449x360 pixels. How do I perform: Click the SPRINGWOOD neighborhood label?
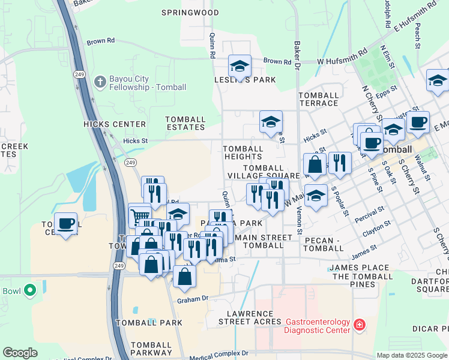pyautogui.click(x=190, y=12)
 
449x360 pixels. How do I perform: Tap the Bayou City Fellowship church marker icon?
pyautogui.click(x=100, y=80)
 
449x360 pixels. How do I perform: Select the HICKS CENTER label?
pyautogui.click(x=115, y=124)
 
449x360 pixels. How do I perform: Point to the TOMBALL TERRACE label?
pyautogui.click(x=319, y=100)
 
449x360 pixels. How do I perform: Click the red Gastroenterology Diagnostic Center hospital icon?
pyautogui.click(x=359, y=325)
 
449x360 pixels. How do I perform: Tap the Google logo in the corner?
pyautogui.click(x=20, y=353)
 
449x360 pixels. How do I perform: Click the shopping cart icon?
pyautogui.click(x=139, y=214)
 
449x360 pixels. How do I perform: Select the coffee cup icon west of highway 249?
pyautogui.click(x=66, y=223)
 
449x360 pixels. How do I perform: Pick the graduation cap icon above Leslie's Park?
pyautogui.click(x=240, y=65)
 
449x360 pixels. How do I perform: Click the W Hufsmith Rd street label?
pyautogui.click(x=342, y=57)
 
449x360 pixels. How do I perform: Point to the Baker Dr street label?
pyautogui.click(x=297, y=54)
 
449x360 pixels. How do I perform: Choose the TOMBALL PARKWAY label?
pyautogui.click(x=152, y=349)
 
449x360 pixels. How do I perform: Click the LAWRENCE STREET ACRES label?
pyautogui.click(x=253, y=317)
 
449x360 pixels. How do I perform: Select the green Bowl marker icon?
pyautogui.click(x=29, y=292)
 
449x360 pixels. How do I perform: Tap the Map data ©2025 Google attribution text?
pyautogui.click(x=411, y=355)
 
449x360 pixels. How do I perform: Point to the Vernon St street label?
pyautogui.click(x=298, y=215)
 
